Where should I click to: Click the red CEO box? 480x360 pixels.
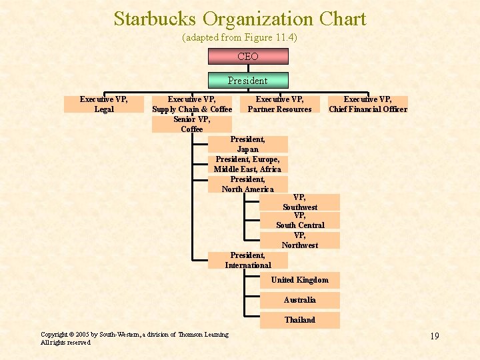pyautogui.click(x=247, y=57)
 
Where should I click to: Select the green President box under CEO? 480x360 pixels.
pyautogui.click(x=247, y=81)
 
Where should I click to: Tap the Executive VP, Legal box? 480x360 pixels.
pyautogui.click(x=104, y=104)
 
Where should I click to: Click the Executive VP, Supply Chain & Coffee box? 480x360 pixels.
pyautogui.click(x=192, y=104)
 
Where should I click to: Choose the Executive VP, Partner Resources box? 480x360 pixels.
pyautogui.click(x=280, y=104)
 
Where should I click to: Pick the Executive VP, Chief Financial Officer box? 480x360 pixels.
pyautogui.click(x=368, y=104)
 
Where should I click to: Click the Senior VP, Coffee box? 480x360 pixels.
pyautogui.click(x=192, y=124)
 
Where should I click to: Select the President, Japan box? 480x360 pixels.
pyautogui.click(x=248, y=144)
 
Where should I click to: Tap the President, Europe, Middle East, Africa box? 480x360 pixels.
pyautogui.click(x=248, y=164)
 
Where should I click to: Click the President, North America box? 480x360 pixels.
pyautogui.click(x=248, y=184)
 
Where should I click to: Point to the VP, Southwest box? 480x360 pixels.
pyautogui.click(x=300, y=202)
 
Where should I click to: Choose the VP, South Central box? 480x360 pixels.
pyautogui.click(x=300, y=220)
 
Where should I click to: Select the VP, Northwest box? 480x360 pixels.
pyautogui.click(x=300, y=240)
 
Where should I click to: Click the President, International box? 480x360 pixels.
pyautogui.click(x=248, y=260)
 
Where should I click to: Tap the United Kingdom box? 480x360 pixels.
pyautogui.click(x=300, y=280)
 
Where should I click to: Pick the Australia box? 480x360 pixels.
pyautogui.click(x=300, y=300)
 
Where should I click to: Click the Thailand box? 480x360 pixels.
pyautogui.click(x=300, y=320)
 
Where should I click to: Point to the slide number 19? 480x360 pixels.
pyautogui.click(x=434, y=336)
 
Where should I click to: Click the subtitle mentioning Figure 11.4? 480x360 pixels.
pyautogui.click(x=239, y=37)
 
